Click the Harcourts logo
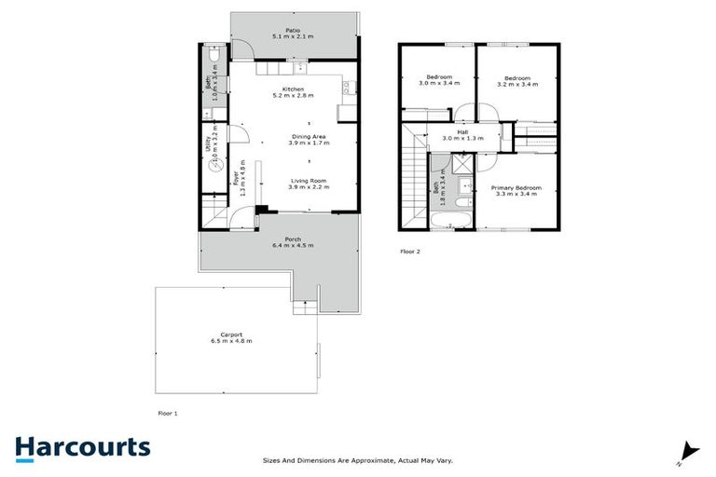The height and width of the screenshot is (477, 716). coord(82,447)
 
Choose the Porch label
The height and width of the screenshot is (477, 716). coord(293,241)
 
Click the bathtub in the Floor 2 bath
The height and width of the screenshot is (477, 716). coord(452,221)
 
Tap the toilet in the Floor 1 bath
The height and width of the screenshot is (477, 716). coord(213,59)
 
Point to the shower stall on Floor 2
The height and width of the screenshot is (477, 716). coord(461,167)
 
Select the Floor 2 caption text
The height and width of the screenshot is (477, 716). coord(410,252)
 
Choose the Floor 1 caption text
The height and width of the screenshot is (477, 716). coord(167,411)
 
